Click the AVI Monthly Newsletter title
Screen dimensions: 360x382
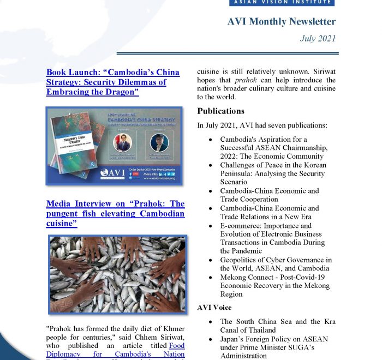coord(281,22)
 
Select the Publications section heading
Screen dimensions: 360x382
coord(220,111)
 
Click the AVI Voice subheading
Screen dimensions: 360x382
coord(214,308)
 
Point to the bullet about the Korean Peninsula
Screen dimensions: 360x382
coord(273,173)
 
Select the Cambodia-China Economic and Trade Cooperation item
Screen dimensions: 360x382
coord(269,195)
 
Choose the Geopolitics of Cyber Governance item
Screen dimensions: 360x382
coord(275,264)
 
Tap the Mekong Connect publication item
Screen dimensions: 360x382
coord(274,286)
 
